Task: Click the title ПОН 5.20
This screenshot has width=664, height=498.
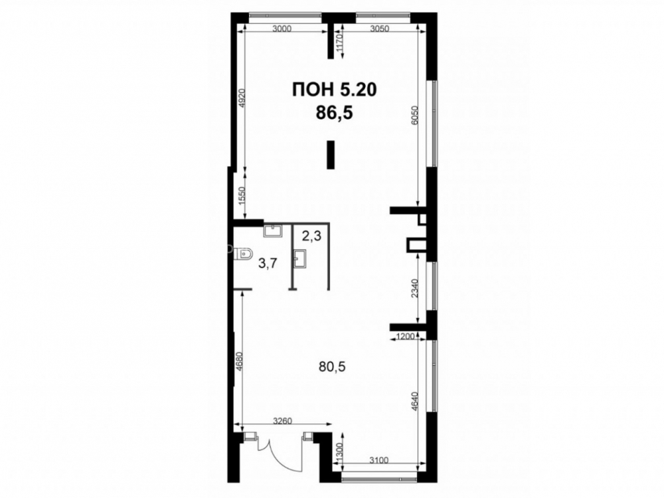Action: pos(334,90)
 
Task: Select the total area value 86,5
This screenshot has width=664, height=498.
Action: pos(334,113)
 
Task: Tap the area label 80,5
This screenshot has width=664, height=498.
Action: pos(332,367)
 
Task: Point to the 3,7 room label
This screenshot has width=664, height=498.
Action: pos(268,264)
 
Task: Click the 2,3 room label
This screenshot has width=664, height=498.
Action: pos(311,236)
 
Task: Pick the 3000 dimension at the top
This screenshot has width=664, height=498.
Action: pos(282,29)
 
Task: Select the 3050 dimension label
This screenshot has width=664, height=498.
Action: pos(379,29)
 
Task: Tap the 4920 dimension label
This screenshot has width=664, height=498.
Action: pos(242,98)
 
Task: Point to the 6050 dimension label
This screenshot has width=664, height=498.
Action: pos(415,115)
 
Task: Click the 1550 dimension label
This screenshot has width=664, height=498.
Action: pos(242,196)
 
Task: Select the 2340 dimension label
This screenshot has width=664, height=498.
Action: pos(415,288)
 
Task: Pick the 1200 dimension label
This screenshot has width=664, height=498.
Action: pos(404,337)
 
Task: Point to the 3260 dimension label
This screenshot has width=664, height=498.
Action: pos(282,421)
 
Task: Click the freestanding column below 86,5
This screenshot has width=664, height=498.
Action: pos(331,155)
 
